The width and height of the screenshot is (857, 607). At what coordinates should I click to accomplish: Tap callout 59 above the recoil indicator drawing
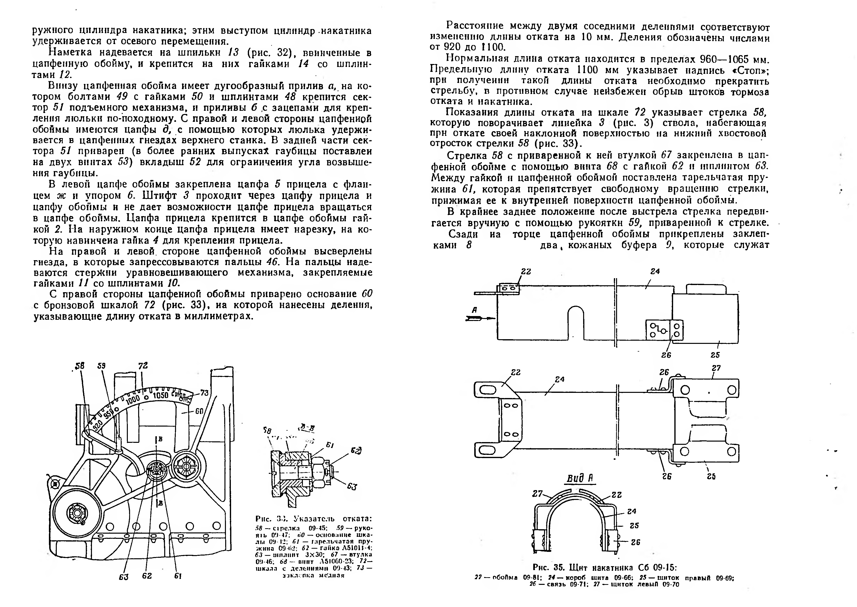click(x=101, y=366)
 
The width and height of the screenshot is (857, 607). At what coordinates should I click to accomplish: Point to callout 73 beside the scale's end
click(x=204, y=393)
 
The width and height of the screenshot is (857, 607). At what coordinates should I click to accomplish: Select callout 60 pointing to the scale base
click(x=199, y=411)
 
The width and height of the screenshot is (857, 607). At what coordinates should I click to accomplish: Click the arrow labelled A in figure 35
click(x=479, y=318)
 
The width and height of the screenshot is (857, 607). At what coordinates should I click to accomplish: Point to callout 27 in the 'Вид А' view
click(x=537, y=494)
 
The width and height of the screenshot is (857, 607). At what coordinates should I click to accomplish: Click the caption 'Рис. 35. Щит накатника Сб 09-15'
click(x=605, y=567)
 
